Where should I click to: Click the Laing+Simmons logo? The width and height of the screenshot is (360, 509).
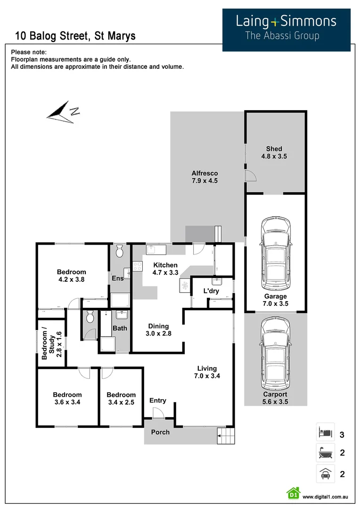pyautogui.click(x=286, y=29)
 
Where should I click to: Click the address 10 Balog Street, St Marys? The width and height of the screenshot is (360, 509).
pyautogui.click(x=75, y=36)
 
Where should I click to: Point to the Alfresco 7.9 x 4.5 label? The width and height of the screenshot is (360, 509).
pyautogui.click(x=204, y=177)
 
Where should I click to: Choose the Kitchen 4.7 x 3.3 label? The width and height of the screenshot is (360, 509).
pyautogui.click(x=165, y=269)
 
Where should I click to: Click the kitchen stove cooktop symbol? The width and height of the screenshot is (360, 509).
pyautogui.click(x=138, y=266)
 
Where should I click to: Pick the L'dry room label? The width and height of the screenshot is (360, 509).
pyautogui.click(x=211, y=291)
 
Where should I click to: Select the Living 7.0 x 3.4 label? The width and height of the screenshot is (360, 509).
pyautogui.click(x=207, y=372)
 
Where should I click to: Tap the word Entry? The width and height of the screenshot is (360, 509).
pyautogui.click(x=158, y=401)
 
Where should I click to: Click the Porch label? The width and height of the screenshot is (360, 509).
pyautogui.click(x=160, y=432)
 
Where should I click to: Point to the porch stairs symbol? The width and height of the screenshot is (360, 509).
pyautogui.click(x=225, y=436)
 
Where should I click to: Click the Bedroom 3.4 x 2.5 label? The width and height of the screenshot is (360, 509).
pyautogui.click(x=121, y=398)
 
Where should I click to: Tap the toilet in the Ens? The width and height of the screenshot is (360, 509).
pyautogui.click(x=119, y=251)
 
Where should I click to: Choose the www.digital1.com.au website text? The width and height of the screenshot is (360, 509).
pyautogui.click(x=325, y=497)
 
